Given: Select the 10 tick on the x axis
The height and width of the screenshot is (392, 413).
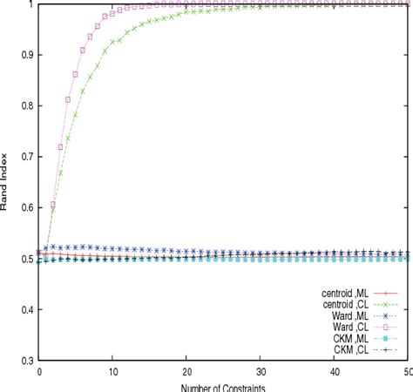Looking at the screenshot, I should point(113,372).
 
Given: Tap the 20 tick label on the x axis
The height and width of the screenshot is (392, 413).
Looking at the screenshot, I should point(187,372).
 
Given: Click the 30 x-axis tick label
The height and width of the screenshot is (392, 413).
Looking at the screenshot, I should point(261,372).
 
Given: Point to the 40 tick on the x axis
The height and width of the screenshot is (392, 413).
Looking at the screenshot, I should point(335,372).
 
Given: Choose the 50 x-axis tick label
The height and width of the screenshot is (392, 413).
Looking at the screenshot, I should point(406,372).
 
